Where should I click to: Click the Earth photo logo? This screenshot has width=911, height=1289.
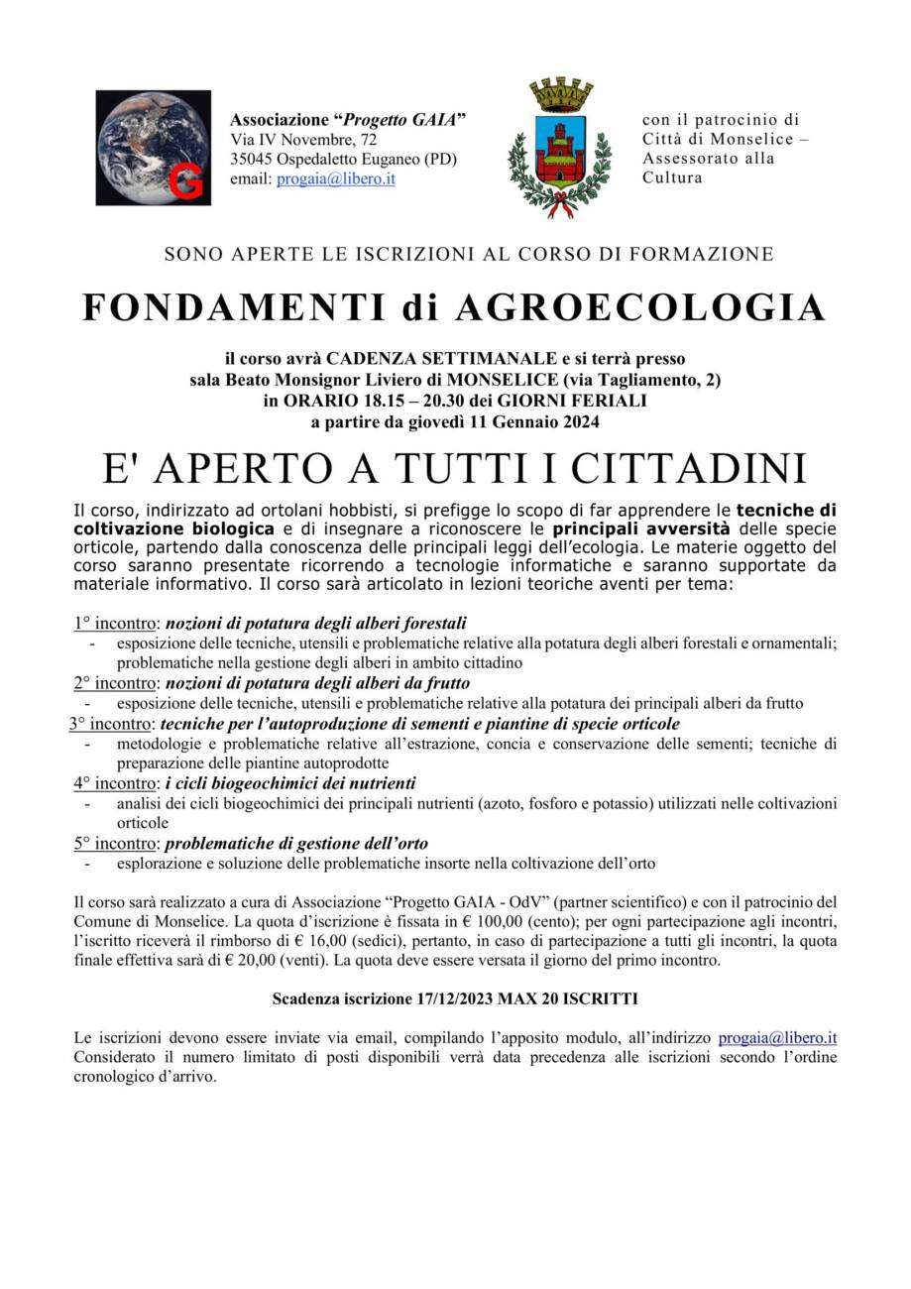153,147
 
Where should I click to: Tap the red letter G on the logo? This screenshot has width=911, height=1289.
184,182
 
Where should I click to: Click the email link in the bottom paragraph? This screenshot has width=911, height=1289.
777,1038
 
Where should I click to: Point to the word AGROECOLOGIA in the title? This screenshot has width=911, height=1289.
639,308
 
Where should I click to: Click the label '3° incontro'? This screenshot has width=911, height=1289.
111,724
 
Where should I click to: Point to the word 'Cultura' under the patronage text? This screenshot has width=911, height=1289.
672,178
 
